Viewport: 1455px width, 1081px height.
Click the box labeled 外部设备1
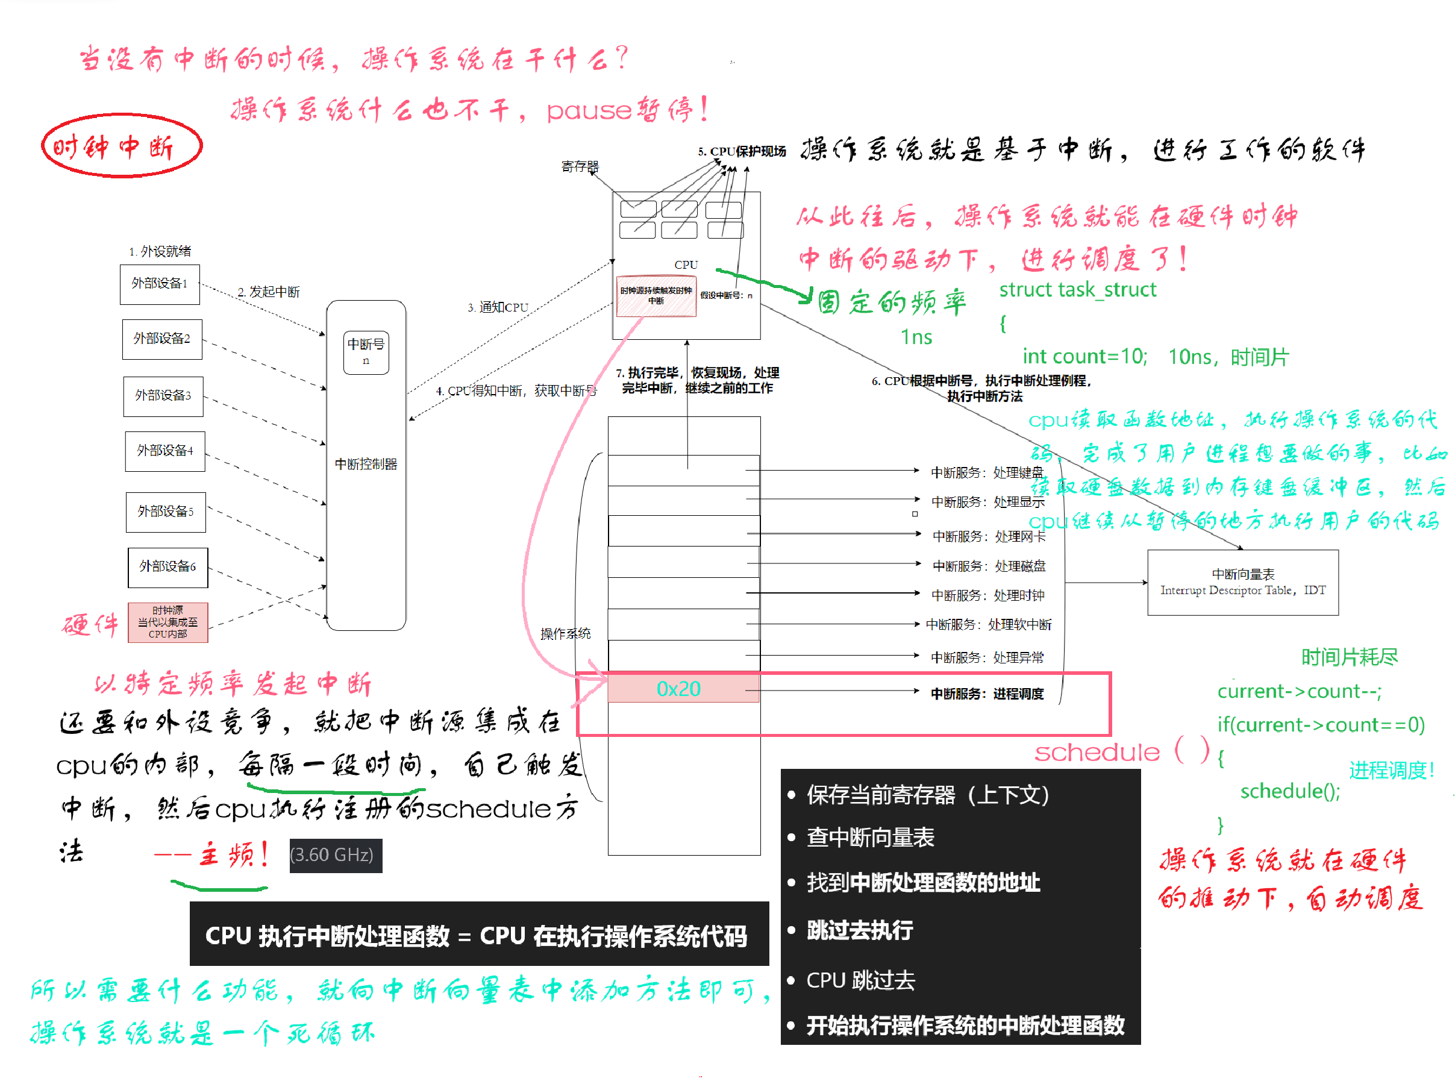[x=160, y=284]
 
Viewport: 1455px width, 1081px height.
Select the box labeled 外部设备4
[x=165, y=451]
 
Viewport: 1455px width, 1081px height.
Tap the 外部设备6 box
[x=167, y=566]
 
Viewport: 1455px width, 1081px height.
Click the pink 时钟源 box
[x=167, y=622]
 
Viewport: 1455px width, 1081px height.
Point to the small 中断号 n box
[x=366, y=352]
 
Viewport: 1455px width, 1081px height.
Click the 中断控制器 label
[x=366, y=464]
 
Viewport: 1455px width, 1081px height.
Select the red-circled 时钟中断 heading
[x=122, y=146]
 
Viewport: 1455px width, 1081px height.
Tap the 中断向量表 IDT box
[x=1242, y=581]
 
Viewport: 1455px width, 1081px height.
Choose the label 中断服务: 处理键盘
[x=987, y=472]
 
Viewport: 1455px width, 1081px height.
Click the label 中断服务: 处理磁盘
[x=989, y=566]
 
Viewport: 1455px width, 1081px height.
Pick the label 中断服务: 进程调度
[x=987, y=694]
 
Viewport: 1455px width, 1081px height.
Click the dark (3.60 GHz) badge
[x=335, y=854]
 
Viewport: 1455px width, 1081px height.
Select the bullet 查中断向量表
[x=869, y=837]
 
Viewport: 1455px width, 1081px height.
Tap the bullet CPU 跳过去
[x=860, y=980]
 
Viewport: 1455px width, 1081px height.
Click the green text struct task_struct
[x=1077, y=290]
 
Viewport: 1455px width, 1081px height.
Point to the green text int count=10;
[x=1084, y=356]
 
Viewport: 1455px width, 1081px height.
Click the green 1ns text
[x=916, y=337]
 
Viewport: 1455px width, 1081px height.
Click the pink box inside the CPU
[x=656, y=296]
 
